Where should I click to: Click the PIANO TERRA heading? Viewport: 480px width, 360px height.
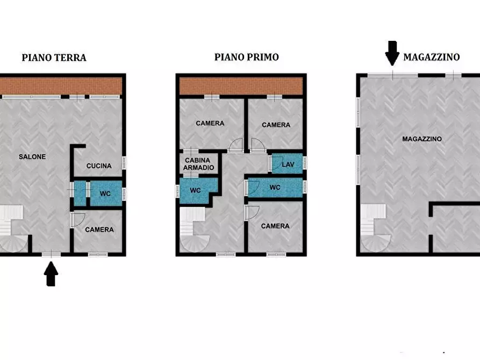(x=54, y=57)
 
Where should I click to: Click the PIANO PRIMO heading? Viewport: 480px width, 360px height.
(x=247, y=57)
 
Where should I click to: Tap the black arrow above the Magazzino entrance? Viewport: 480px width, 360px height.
(x=392, y=53)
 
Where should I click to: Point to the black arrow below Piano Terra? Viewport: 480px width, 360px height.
(x=51, y=273)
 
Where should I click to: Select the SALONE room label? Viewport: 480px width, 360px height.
(x=32, y=157)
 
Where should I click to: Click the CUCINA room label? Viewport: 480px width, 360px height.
(x=99, y=166)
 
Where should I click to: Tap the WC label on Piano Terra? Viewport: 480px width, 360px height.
(x=105, y=193)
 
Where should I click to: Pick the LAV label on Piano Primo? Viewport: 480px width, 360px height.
(x=288, y=164)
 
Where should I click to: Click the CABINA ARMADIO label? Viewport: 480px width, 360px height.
(x=199, y=164)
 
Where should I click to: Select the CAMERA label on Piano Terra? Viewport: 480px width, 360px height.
(x=99, y=229)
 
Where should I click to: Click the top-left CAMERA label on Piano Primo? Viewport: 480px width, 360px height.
(x=210, y=123)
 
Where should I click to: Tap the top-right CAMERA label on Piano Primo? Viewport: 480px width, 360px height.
(x=276, y=125)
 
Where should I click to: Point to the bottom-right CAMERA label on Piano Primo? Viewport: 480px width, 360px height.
(x=275, y=226)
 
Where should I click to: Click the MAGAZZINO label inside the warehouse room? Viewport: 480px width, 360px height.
(x=422, y=139)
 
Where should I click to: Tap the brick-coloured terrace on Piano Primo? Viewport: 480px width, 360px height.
(x=241, y=85)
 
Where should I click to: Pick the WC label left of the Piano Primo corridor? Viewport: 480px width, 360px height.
(x=196, y=190)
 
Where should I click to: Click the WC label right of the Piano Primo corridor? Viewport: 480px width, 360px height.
(x=275, y=188)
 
